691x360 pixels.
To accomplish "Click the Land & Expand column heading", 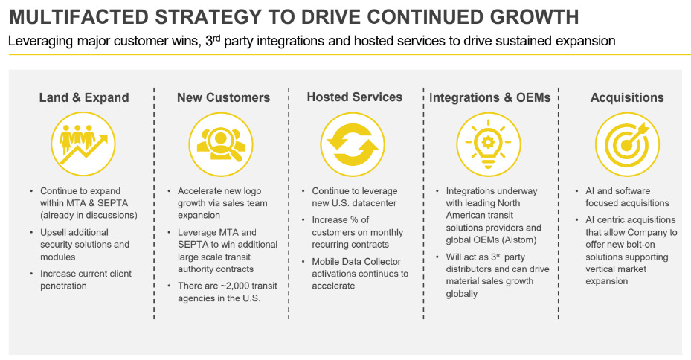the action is click(84, 97).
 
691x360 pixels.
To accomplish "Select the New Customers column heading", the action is click(223, 97).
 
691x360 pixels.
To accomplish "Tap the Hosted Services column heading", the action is click(354, 97).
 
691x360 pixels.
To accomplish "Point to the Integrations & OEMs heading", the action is click(489, 97).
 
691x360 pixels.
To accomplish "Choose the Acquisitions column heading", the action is click(627, 97).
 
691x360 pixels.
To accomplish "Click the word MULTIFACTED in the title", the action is click(77, 16).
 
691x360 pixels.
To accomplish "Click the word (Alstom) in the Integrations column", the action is click(522, 240).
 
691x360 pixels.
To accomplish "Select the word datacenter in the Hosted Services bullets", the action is click(376, 203).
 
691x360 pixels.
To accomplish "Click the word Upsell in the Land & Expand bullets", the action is click(56, 233).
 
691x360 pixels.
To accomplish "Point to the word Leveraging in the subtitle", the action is click(38, 42).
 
